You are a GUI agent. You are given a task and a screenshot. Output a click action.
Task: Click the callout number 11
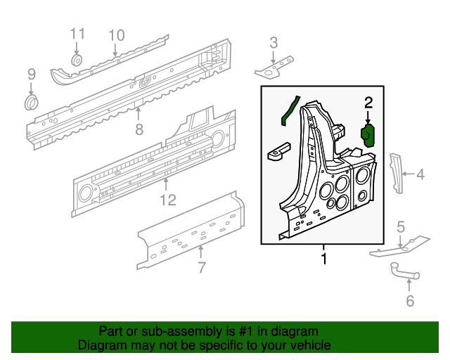[x=77, y=34]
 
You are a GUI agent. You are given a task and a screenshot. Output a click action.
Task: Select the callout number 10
[x=116, y=35]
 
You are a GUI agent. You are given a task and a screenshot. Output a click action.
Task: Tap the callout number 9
[x=31, y=74]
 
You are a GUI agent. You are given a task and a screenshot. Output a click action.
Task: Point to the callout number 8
[x=139, y=129]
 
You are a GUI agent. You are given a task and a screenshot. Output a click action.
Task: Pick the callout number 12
[x=166, y=201]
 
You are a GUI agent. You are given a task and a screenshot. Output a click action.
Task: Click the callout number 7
[x=201, y=267]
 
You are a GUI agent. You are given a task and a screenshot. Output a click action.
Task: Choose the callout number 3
[x=274, y=44]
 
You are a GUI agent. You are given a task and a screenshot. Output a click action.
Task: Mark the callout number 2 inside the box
[x=368, y=103]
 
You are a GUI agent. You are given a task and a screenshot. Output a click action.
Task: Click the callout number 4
[x=420, y=174]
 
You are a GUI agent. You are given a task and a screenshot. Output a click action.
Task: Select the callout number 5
[x=401, y=226]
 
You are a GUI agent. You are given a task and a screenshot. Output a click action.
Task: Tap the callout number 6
[x=410, y=302]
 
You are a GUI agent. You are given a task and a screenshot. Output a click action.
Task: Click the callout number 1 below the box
[x=323, y=260]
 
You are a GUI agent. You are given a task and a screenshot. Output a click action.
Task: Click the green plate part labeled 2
[x=368, y=134]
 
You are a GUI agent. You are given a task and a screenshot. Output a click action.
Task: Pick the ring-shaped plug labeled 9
[x=32, y=104]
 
